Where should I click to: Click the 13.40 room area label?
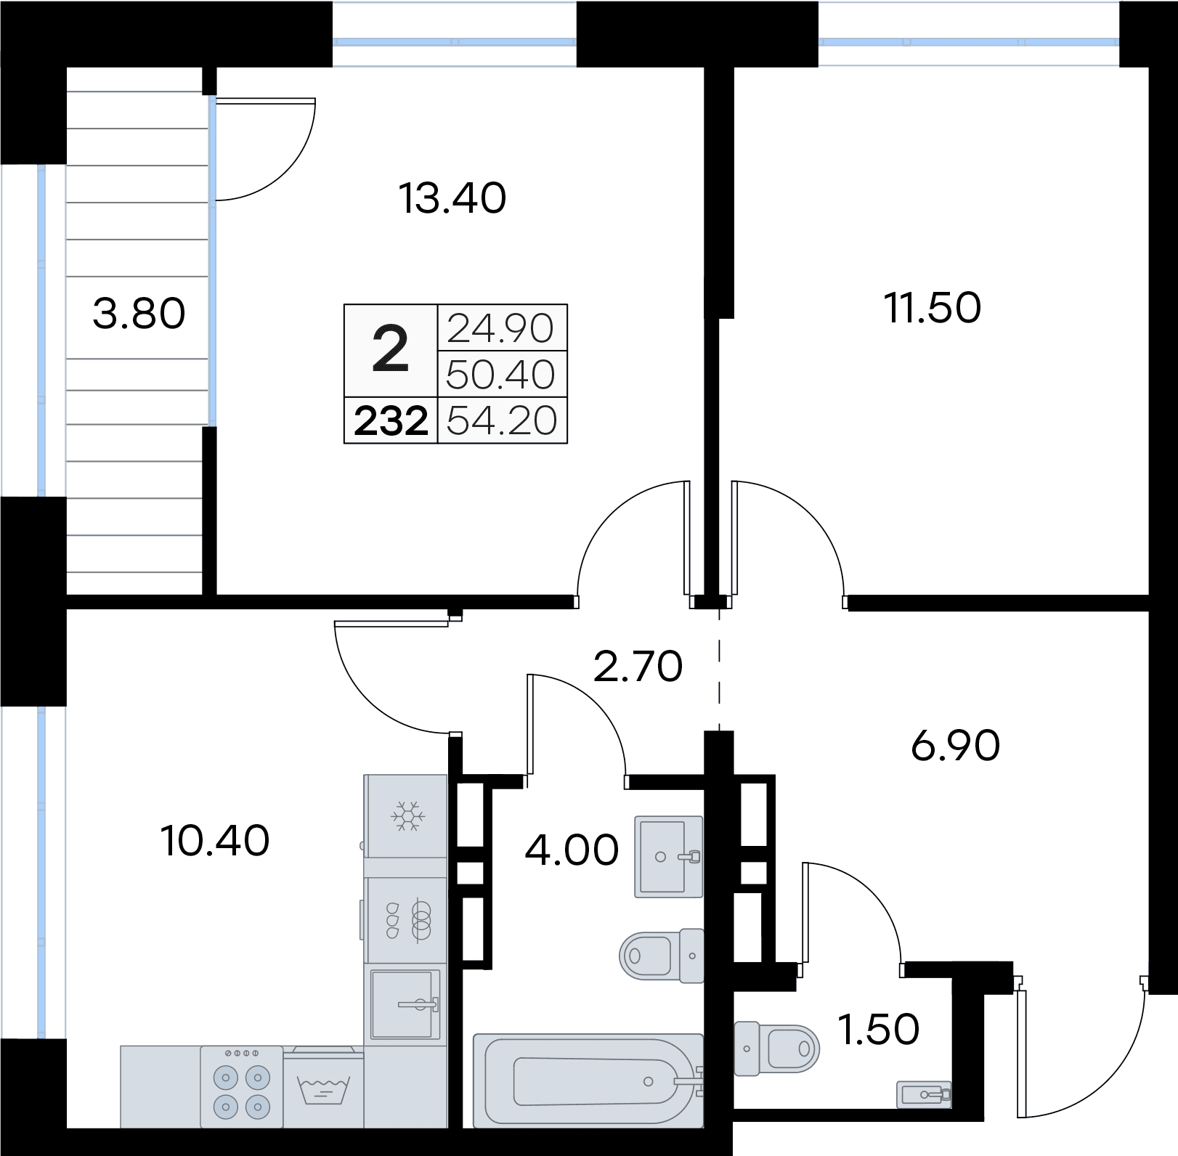click(x=452, y=198)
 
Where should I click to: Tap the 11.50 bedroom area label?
click(x=933, y=307)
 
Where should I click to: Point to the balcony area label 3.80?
click(x=139, y=314)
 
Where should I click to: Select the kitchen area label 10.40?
click(x=215, y=842)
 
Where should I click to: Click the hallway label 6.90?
click(x=956, y=746)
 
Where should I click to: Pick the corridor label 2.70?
click(x=638, y=667)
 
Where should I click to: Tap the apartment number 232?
click(x=391, y=421)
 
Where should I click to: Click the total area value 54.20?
click(x=501, y=420)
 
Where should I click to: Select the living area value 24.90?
click(x=501, y=328)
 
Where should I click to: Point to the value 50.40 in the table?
click(x=501, y=375)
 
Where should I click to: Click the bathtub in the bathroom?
click(x=588, y=1080)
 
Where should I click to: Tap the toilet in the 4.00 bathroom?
click(x=662, y=956)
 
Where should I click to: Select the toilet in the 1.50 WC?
click(x=776, y=1049)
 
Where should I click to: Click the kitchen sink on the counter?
click(x=406, y=1004)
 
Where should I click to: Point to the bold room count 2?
click(x=391, y=350)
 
